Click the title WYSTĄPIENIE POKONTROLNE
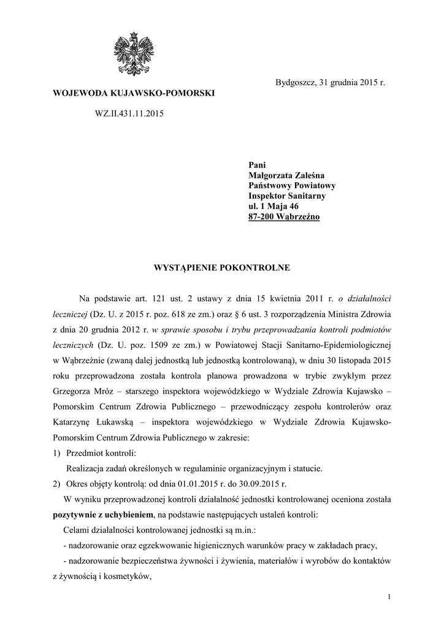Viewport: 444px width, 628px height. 221,267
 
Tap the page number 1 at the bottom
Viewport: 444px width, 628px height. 389,597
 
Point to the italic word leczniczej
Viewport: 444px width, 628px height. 72,313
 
